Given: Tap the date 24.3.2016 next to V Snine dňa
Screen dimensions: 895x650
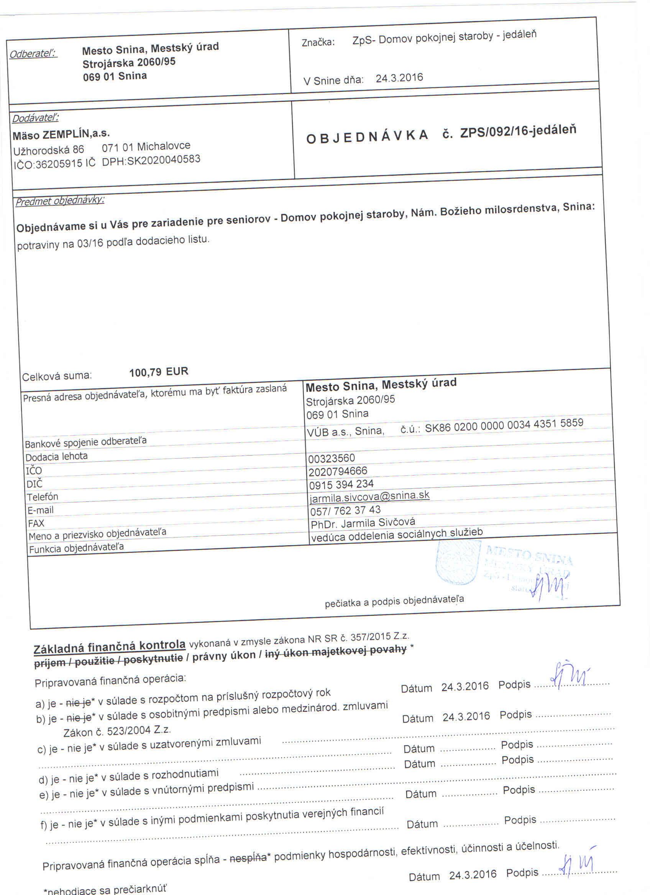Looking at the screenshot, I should pos(399,78).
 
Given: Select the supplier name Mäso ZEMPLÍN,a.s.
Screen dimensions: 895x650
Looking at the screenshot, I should pos(61,134).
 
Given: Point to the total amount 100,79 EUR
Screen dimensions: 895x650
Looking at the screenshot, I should pos(159,372).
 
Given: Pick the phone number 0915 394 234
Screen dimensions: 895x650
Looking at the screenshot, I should pos(341,484).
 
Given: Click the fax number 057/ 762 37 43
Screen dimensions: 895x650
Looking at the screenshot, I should pos(345,511).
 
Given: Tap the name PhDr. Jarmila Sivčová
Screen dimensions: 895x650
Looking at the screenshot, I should pos(363,523).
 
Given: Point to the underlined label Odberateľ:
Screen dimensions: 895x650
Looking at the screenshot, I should pos(33,54).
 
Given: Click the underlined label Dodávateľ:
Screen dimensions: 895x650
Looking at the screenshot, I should pos(35,118).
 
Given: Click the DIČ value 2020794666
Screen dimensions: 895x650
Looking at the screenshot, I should pos(338,471).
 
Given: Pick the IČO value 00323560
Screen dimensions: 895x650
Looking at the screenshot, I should pos(332,458).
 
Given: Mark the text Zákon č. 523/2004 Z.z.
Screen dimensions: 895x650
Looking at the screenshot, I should pos(117,731).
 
